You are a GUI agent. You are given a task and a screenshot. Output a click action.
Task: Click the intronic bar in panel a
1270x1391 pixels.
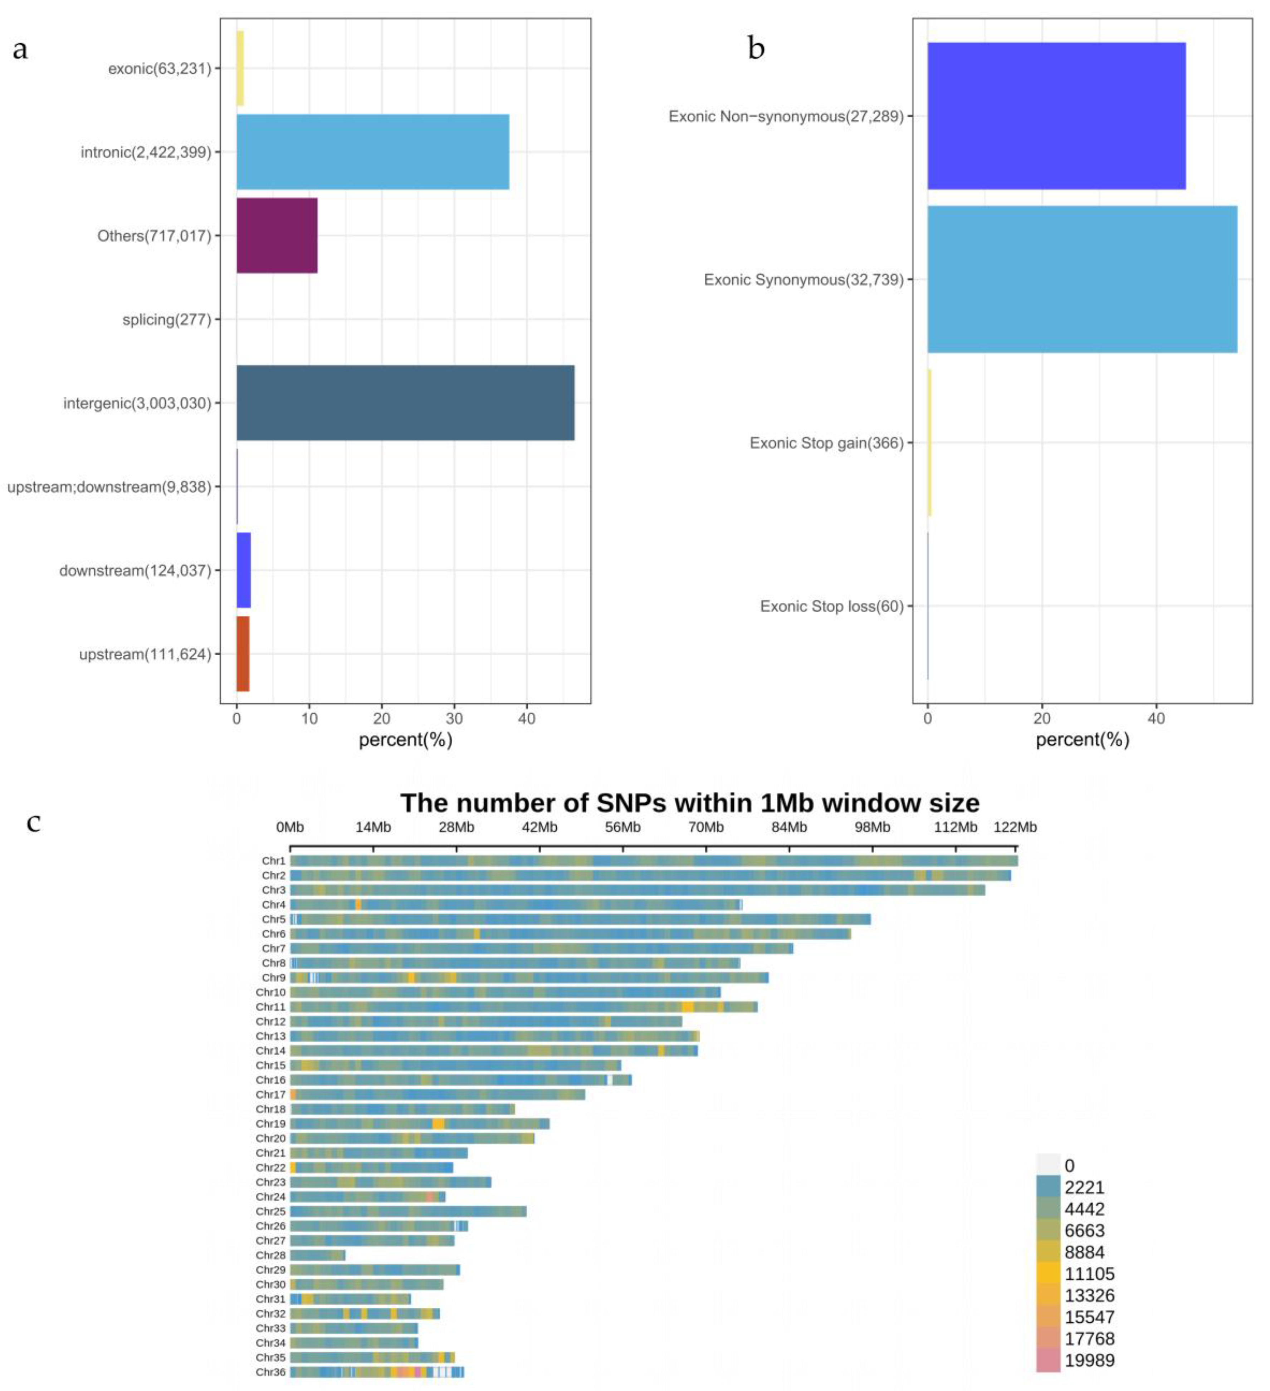pos(373,152)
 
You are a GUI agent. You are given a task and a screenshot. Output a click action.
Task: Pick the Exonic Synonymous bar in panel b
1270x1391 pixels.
pos(1081,279)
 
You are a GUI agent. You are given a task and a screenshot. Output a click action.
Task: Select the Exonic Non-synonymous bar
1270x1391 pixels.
pos(1056,116)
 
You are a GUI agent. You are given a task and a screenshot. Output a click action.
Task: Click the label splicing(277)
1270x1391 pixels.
pos(166,319)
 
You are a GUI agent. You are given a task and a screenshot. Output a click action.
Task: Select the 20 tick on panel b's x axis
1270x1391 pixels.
pos(1041,718)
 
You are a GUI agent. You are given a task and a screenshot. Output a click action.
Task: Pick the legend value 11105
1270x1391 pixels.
pos(1089,1274)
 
